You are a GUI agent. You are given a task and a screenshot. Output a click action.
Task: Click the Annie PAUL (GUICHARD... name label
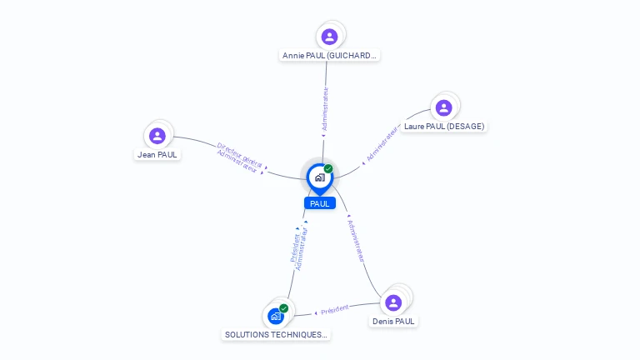click(329, 56)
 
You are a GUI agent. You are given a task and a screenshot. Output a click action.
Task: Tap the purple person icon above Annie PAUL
click(329, 37)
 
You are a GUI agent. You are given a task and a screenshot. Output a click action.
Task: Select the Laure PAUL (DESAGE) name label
click(443, 127)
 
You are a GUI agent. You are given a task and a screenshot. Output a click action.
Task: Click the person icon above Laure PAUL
click(443, 107)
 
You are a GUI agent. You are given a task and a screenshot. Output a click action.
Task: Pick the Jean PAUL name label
click(157, 154)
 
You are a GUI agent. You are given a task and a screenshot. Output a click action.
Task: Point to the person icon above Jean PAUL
click(157, 135)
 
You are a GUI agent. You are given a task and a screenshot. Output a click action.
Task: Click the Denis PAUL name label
click(393, 321)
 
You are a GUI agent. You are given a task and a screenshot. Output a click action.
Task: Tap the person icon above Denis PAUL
click(393, 302)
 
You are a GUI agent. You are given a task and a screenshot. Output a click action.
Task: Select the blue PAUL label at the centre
click(320, 203)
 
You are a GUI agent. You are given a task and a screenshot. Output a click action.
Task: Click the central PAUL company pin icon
click(319, 177)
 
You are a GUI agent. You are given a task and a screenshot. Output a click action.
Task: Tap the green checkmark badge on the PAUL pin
click(328, 168)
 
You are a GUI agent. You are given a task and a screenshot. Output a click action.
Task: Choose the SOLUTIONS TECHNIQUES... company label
click(276, 334)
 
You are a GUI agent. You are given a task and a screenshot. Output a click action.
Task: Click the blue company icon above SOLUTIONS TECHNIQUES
click(276, 317)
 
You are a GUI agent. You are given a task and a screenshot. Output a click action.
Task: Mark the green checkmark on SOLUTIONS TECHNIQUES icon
click(284, 308)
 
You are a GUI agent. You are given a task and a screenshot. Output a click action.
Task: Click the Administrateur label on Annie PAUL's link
click(325, 110)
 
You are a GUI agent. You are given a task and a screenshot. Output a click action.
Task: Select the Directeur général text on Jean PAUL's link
click(240, 154)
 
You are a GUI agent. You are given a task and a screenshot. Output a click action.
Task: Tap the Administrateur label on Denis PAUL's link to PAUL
click(356, 242)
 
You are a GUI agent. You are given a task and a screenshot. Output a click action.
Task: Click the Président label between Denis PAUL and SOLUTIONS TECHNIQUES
click(334, 309)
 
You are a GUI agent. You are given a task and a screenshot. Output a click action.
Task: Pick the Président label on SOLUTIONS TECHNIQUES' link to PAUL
click(294, 247)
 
